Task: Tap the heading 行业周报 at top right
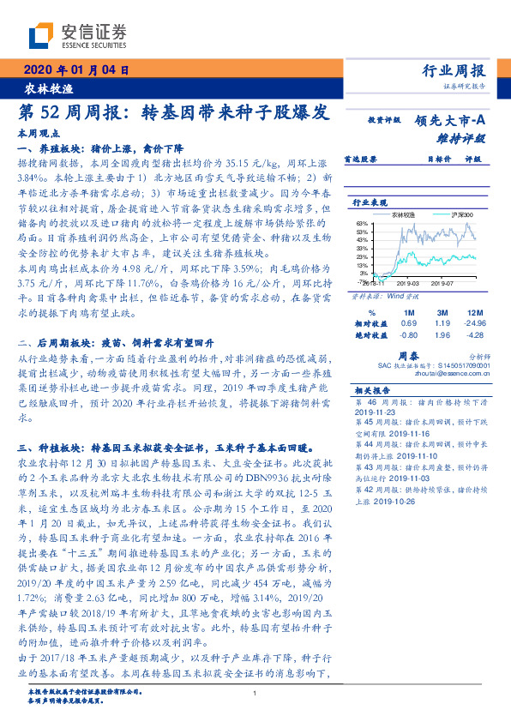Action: (x=455, y=71)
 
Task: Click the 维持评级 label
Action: (x=460, y=138)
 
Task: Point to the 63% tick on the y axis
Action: (x=364, y=223)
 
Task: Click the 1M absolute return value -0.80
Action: (x=408, y=335)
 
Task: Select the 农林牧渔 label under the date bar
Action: (x=43, y=89)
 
